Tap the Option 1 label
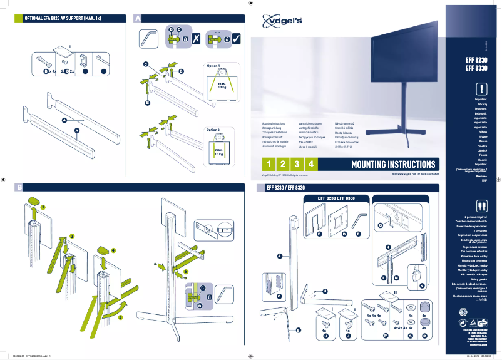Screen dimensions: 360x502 coord(213,66)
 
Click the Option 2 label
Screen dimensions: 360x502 coord(213,130)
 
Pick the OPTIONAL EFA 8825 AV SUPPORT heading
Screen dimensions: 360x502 coord(63,19)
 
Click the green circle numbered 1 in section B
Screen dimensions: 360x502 coord(43,206)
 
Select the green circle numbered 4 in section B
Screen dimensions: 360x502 coord(113,249)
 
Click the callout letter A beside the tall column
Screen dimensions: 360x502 coord(279,255)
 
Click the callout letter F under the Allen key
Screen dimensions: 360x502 coord(358,234)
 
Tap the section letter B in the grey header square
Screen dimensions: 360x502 coord(19,187)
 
